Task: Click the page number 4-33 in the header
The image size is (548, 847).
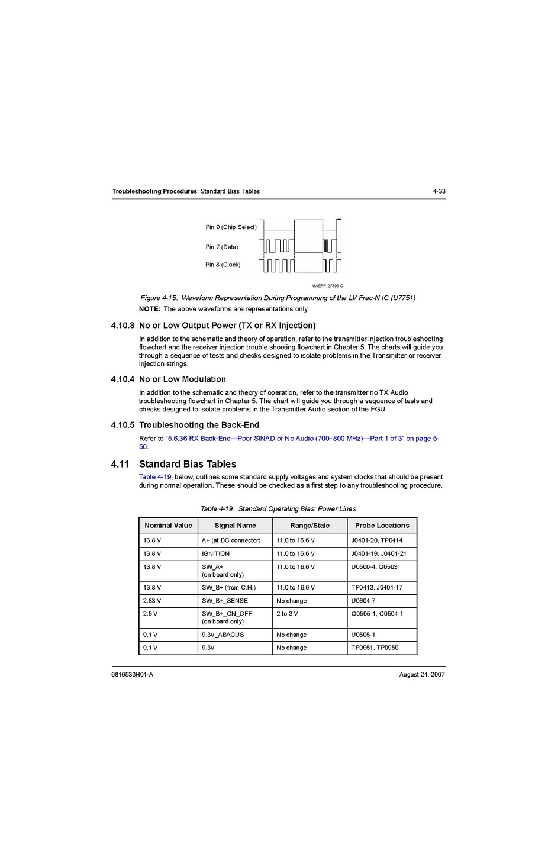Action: pyautogui.click(x=439, y=191)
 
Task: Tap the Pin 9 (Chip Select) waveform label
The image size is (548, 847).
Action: pyautogui.click(x=231, y=227)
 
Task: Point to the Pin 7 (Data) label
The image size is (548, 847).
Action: pyautogui.click(x=221, y=247)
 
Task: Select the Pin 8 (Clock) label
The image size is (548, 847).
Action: pyautogui.click(x=223, y=265)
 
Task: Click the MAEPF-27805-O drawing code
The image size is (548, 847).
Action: pyautogui.click(x=327, y=286)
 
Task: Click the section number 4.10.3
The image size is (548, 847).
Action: pyautogui.click(x=123, y=326)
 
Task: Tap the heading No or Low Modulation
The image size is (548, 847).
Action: pyautogui.click(x=182, y=379)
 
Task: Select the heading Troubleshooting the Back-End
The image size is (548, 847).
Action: pyautogui.click(x=199, y=425)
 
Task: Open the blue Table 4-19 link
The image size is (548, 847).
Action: pyautogui.click(x=155, y=477)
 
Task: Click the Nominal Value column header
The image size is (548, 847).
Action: pyautogui.click(x=168, y=526)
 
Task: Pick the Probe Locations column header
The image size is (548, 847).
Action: pyautogui.click(x=382, y=526)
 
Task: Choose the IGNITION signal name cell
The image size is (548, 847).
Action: pyautogui.click(x=215, y=554)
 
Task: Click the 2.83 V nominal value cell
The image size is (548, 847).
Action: pyautogui.click(x=152, y=601)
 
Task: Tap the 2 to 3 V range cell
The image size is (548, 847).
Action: pyautogui.click(x=287, y=614)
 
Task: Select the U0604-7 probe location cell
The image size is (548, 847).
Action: pyautogui.click(x=363, y=601)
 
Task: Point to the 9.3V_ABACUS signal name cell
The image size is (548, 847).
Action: pyautogui.click(x=223, y=635)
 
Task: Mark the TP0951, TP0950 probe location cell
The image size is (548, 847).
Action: pyautogui.click(x=375, y=648)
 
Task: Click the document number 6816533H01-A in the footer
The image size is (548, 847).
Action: pyautogui.click(x=132, y=675)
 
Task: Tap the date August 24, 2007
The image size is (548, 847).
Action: pyautogui.click(x=422, y=675)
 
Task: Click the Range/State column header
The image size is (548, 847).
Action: pyautogui.click(x=310, y=526)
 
